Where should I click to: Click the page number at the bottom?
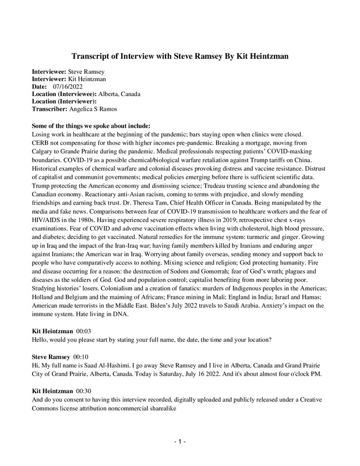[180, 443]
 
